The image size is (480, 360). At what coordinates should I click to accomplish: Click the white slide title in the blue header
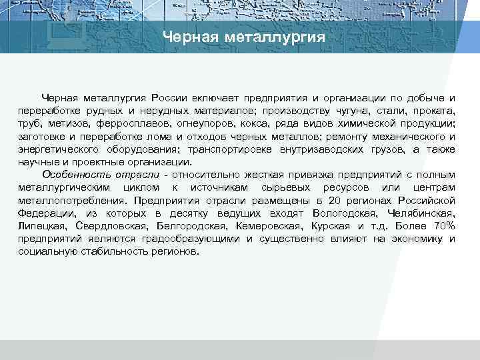pyautogui.click(x=244, y=37)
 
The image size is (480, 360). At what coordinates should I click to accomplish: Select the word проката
pyautogui.click(x=434, y=111)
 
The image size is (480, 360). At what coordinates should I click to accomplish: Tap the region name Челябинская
pyautogui.click(x=420, y=213)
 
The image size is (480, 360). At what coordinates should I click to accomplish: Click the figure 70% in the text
pyautogui.click(x=441, y=225)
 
